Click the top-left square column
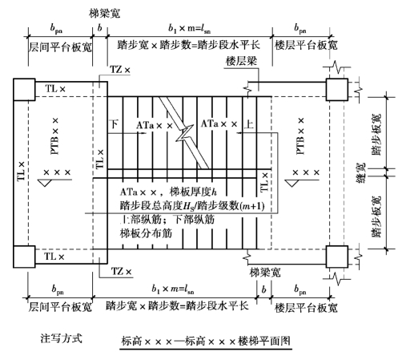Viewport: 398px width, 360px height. pyautogui.click(x=24, y=90)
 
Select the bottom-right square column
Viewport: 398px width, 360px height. pyautogui.click(x=337, y=257)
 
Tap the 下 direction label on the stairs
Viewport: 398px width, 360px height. pyautogui.click(x=115, y=124)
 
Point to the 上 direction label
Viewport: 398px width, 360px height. pyautogui.click(x=249, y=124)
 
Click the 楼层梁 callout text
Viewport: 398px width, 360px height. pyautogui.click(x=241, y=61)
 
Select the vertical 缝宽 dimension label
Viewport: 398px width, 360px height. pyautogui.click(x=361, y=172)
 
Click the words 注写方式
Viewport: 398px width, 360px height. pyautogui.click(x=62, y=338)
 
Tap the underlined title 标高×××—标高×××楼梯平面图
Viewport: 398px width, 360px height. pyautogui.click(x=206, y=341)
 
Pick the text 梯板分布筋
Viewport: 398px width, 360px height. pyautogui.click(x=146, y=233)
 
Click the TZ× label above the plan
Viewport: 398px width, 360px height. pyautogui.click(x=120, y=70)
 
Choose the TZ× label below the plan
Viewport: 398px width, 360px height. pyautogui.click(x=122, y=272)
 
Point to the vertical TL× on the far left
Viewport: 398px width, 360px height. pyautogui.click(x=22, y=171)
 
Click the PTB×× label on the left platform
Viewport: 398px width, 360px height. pyautogui.click(x=54, y=136)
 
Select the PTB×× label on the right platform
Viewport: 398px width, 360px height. pyautogui.click(x=300, y=136)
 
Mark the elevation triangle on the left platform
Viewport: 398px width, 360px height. pyautogui.click(x=45, y=183)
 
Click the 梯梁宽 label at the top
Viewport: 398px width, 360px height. pyautogui.click(x=104, y=14)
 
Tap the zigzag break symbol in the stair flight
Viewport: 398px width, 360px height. pyautogui.click(x=185, y=133)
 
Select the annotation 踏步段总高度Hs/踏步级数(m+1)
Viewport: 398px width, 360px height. pyautogui.click(x=192, y=206)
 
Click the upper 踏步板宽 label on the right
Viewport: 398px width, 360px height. pyautogui.click(x=376, y=135)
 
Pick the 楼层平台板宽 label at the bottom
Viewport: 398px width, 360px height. pyautogui.click(x=306, y=308)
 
